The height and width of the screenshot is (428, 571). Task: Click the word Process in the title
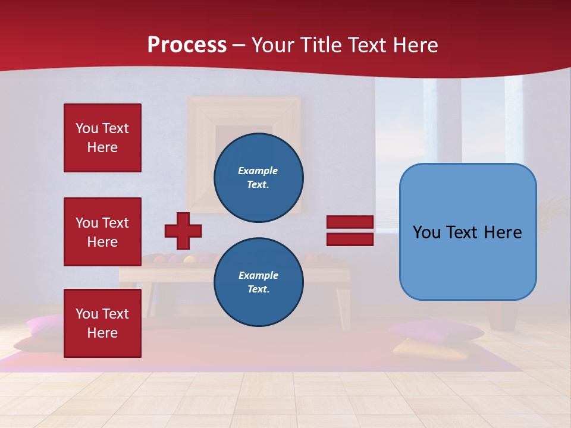tap(187, 45)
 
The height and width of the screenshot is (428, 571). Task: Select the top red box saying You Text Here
tap(102, 138)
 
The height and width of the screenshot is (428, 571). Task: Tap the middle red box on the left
tap(102, 232)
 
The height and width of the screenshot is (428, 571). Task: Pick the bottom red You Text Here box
tap(102, 323)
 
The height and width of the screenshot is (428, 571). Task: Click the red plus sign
tap(183, 231)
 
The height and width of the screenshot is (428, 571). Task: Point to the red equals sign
tap(350, 231)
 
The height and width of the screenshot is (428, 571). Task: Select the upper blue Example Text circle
tap(258, 178)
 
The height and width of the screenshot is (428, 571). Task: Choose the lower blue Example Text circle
tap(258, 282)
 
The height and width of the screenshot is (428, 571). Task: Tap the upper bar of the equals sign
tap(350, 222)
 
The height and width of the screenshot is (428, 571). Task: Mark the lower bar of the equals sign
tap(350, 240)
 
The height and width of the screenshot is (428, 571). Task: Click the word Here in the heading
tap(416, 45)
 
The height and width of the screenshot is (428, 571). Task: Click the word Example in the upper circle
tap(258, 171)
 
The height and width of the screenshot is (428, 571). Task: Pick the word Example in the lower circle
tap(258, 275)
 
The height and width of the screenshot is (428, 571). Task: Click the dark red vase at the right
tap(503, 315)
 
